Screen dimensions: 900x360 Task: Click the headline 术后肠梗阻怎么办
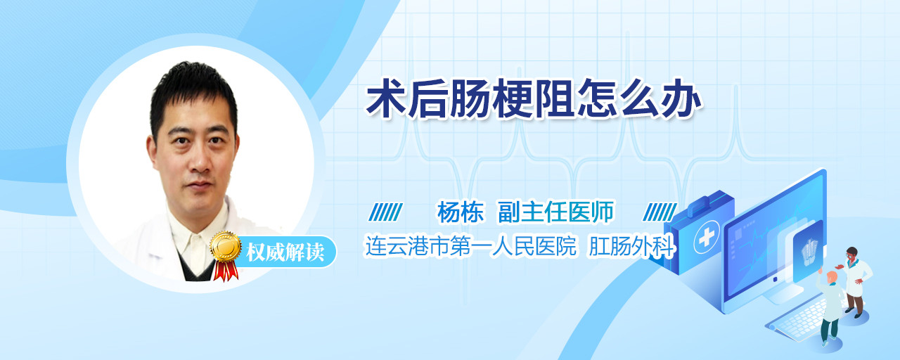pyautogui.click(x=534, y=99)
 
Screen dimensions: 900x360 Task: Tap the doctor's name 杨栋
pyautogui.click(x=461, y=212)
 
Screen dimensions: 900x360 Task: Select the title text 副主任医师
pyautogui.click(x=555, y=212)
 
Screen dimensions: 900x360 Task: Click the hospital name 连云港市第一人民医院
pyautogui.click(x=470, y=246)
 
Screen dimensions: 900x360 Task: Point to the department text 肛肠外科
pyautogui.click(x=631, y=246)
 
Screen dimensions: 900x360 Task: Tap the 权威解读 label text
pyautogui.click(x=285, y=252)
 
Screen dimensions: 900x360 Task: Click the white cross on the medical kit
pyautogui.click(x=706, y=237)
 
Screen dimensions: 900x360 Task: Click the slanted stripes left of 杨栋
pyautogui.click(x=385, y=212)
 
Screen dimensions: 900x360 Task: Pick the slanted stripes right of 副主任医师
pyautogui.click(x=660, y=212)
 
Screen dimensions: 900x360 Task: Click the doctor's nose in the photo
pyautogui.click(x=200, y=161)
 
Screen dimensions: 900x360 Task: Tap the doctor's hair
pyautogui.click(x=193, y=92)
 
